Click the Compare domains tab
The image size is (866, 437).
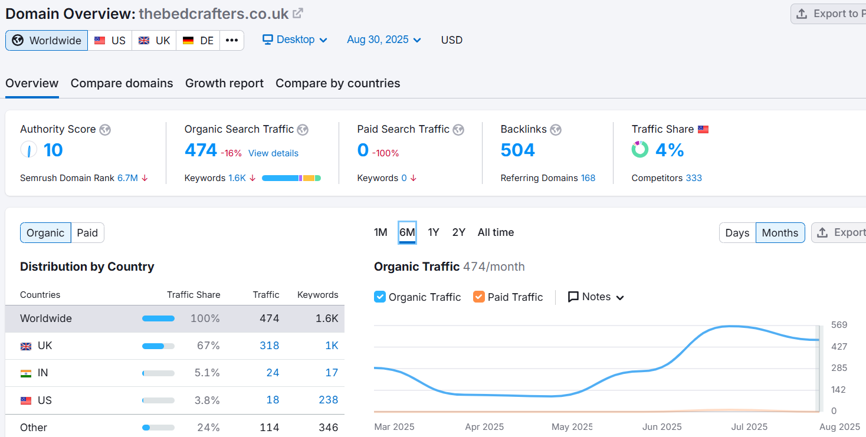coord(122,83)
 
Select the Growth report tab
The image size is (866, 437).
coord(224,83)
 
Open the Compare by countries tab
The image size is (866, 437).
coord(337,83)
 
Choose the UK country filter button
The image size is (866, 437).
coord(154,40)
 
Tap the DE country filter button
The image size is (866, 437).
coord(198,40)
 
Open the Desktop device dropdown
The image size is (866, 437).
coord(295,40)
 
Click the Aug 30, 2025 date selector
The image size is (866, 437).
coord(384,40)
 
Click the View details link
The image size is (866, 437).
coord(273,153)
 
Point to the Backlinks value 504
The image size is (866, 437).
coord(517,150)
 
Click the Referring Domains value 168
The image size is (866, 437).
coord(588,178)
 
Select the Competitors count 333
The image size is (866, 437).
coord(694,178)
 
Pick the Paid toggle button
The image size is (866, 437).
coord(87,233)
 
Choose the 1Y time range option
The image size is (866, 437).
coord(434,232)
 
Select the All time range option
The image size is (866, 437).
coord(496,232)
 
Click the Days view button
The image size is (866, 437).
coord(737,233)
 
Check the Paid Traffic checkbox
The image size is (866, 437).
coord(479,297)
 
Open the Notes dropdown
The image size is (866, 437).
coord(596,297)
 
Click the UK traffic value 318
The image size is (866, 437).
coord(270,346)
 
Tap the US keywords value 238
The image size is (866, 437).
coord(328,400)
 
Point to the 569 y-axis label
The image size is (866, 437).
coord(839,325)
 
